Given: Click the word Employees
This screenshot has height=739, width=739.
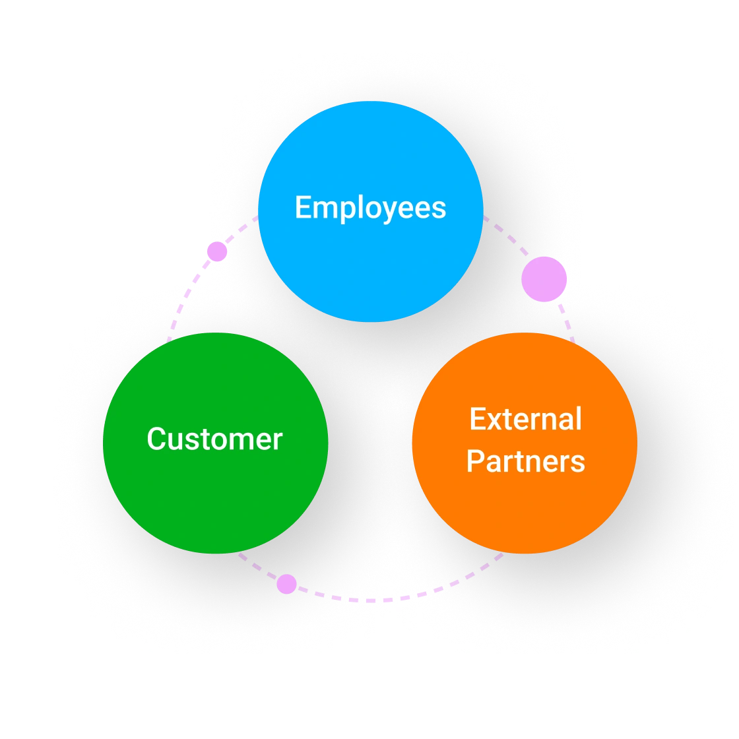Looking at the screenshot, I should (x=370, y=208).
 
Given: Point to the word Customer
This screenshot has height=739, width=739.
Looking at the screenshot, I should (x=214, y=439).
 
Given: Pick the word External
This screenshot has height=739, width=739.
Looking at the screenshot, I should (x=525, y=420).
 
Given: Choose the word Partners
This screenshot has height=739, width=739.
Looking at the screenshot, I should (x=525, y=461).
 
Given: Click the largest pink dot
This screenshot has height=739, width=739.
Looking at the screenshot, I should (x=544, y=280).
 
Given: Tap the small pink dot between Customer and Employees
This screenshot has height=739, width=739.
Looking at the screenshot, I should (x=217, y=251).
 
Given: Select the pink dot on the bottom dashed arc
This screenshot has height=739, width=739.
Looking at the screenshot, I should (x=286, y=584).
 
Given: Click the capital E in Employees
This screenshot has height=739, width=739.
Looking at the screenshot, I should (x=302, y=207).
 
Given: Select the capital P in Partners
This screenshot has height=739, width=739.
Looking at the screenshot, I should (x=475, y=461).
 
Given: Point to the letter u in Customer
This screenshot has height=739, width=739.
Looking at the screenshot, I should (x=179, y=441).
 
